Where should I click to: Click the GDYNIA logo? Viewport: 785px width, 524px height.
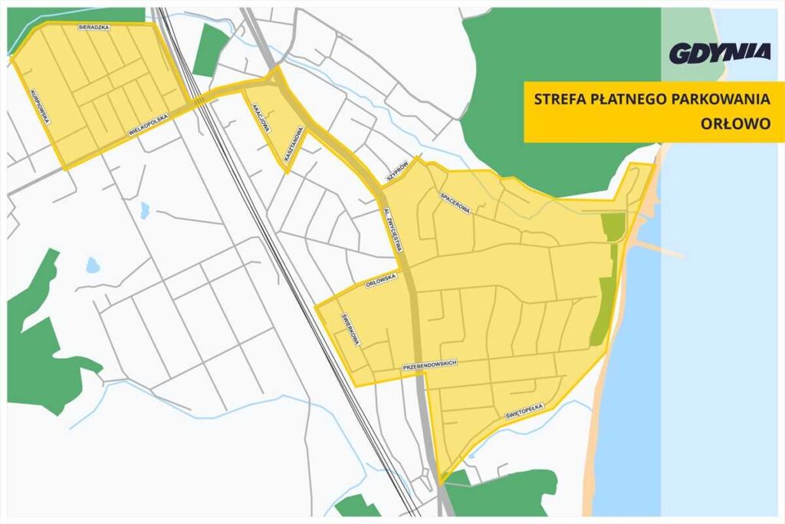(720, 53)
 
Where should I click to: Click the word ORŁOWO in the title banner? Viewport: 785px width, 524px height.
(735, 123)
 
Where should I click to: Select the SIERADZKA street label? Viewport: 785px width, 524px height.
(94, 27)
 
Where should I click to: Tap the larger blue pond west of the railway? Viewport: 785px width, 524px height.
(93, 265)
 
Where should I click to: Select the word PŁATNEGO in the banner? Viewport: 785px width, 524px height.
(631, 98)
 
